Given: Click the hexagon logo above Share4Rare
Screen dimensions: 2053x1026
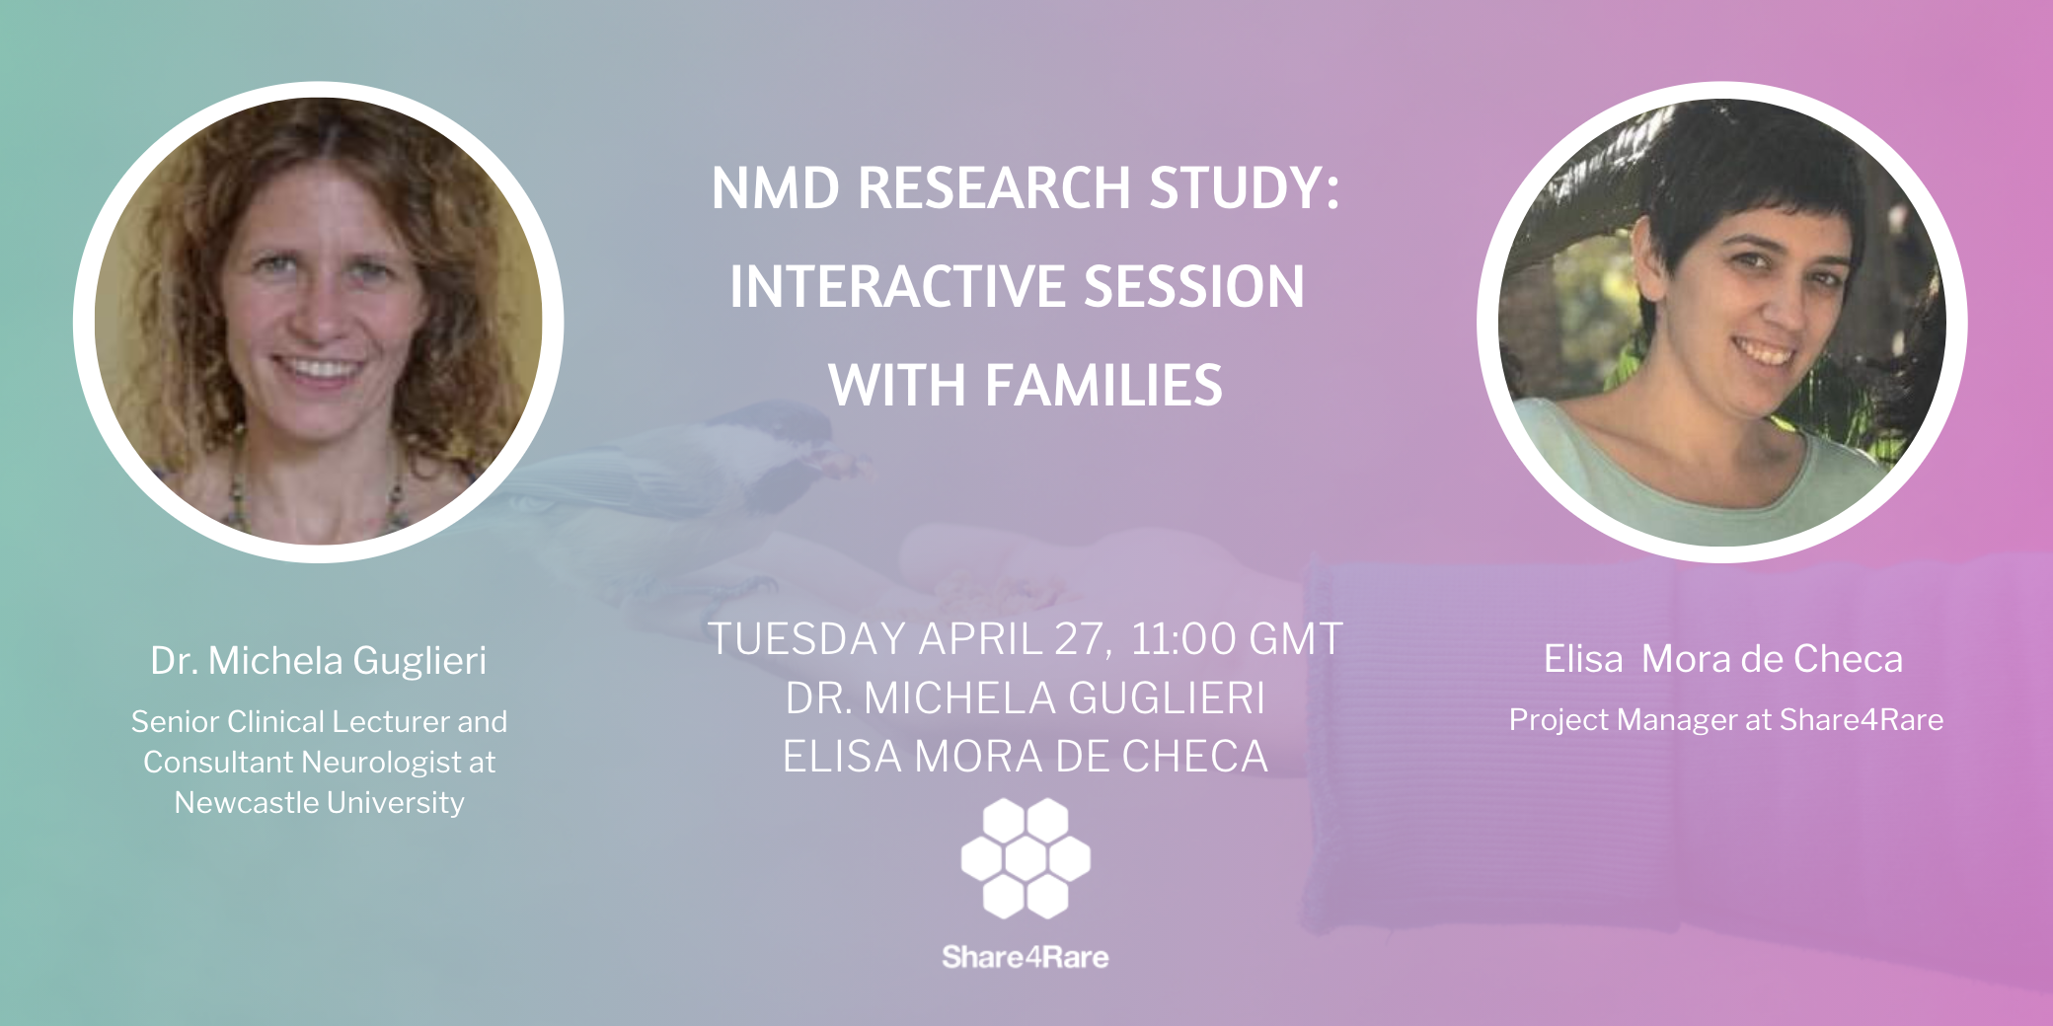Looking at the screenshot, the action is [1026, 858].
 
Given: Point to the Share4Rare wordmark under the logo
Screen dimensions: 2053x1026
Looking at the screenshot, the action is [1026, 957].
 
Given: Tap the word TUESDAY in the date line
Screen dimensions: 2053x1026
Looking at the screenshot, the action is [807, 639].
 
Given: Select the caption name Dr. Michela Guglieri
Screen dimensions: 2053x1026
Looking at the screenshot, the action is [319, 661].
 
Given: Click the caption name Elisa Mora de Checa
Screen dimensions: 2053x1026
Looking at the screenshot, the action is [1723, 659].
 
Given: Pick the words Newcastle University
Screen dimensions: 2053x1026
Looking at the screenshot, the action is [319, 803].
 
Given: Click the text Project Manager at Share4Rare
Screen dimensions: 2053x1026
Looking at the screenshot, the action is [1726, 720].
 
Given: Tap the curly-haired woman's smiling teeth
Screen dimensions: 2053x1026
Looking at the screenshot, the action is [318, 370].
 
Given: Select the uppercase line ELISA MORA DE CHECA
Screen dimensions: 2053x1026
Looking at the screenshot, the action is [1026, 757].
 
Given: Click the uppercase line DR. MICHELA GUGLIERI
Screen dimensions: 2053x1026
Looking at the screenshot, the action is [1026, 698].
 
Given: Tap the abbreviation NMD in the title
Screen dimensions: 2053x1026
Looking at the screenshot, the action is [776, 187].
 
